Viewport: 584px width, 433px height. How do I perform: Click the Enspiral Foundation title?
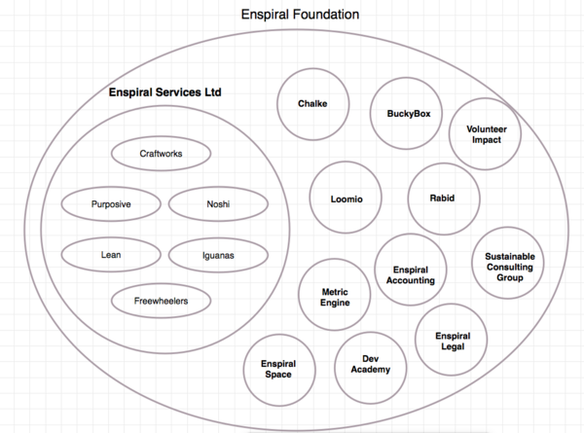pyautogui.click(x=300, y=15)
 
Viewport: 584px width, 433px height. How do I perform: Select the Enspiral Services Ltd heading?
pyautogui.click(x=165, y=92)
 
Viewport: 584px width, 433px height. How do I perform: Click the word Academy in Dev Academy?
pyautogui.click(x=371, y=370)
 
